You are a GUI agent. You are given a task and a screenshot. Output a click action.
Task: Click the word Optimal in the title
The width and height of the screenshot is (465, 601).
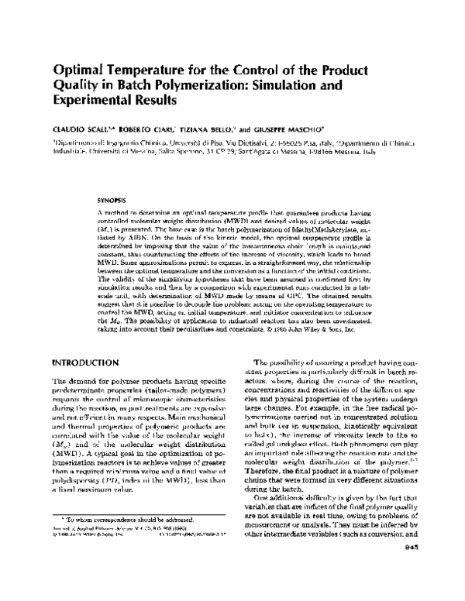pyautogui.click(x=81, y=68)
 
